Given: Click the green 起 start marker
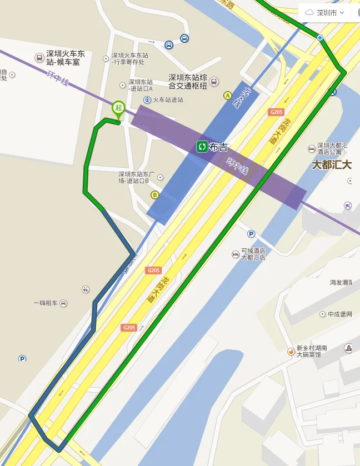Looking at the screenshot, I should coord(118,108).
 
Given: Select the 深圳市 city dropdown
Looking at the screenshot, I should coord(327,12).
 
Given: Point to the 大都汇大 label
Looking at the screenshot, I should coord(332,164).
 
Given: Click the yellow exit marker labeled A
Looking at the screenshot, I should coord(227,96).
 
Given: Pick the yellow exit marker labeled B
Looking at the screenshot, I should coord(154,194).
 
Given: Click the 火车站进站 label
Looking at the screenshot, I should coord(167,100).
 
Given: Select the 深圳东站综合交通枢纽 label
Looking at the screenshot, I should coord(188,82).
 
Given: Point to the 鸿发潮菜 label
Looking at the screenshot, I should coord(341,282).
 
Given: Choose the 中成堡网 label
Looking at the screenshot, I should coord(340,314).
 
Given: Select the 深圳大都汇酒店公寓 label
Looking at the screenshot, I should coord(332,149).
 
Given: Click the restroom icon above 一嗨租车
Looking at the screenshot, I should coord(86,289).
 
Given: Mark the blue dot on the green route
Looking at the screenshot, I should coord(320,38).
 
